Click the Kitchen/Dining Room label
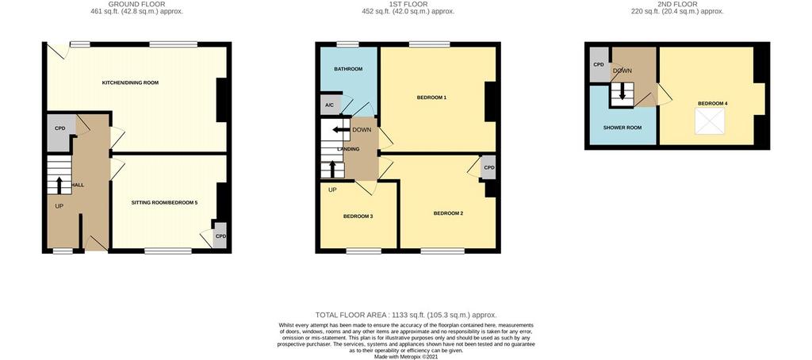pos(130,83)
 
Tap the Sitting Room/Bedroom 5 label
pos(164,203)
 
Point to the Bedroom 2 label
pos(448,213)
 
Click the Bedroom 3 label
pos(358,216)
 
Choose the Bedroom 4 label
pos(713,104)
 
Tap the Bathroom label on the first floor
pos(348,69)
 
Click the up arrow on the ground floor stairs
pos(59,185)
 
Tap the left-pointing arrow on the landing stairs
pos(341,130)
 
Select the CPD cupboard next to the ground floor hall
pos(59,132)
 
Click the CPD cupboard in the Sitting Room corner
pos(220,236)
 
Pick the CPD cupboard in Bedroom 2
pos(488,168)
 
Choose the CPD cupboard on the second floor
pos(599,64)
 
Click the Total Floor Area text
pos(406,315)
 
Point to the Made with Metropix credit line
pos(406,357)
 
